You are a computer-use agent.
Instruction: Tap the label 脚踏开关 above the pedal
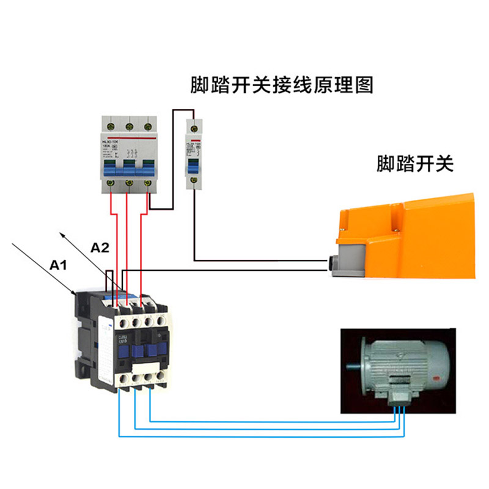pos(415,164)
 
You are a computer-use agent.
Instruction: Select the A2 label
pos(100,248)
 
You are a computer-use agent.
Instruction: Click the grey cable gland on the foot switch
pos(334,263)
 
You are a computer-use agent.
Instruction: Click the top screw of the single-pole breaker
pos(194,127)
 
